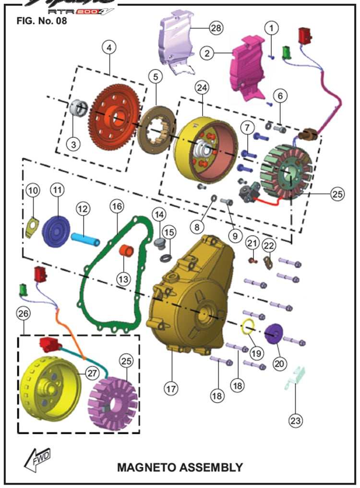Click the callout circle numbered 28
[216, 28]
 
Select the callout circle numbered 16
[116, 207]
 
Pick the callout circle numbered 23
[296, 421]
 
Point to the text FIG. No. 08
[41, 21]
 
